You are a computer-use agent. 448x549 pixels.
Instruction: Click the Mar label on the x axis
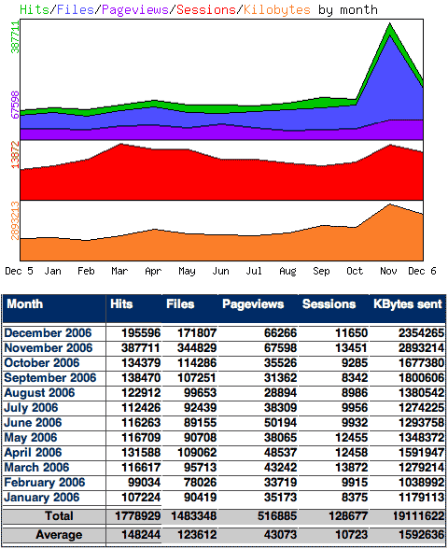click(119, 271)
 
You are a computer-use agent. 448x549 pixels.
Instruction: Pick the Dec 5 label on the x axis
click(20, 271)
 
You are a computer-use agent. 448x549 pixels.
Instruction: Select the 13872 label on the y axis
click(15, 155)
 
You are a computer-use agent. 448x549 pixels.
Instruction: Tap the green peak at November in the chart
click(389, 26)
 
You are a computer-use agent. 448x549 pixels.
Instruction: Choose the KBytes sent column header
click(406, 304)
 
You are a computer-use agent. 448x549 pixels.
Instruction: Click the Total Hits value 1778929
click(135, 515)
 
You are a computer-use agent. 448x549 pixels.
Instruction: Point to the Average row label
click(59, 535)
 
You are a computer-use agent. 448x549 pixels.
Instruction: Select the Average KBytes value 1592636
click(415, 535)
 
